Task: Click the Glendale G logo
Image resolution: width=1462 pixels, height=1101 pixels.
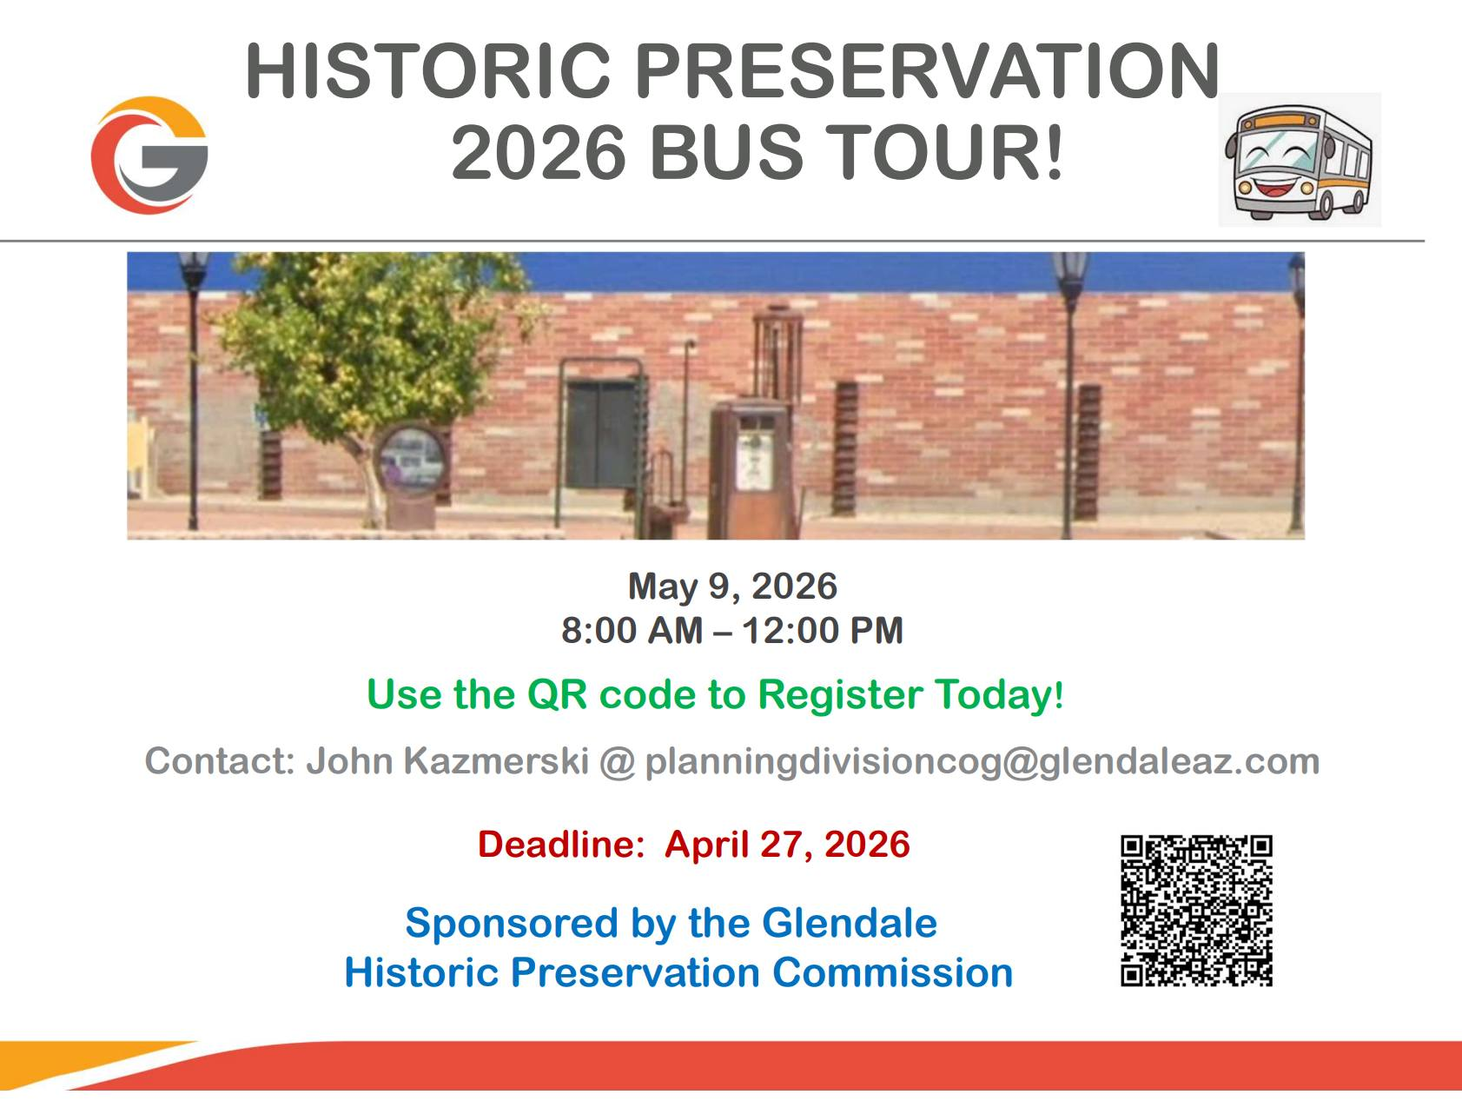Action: click(149, 155)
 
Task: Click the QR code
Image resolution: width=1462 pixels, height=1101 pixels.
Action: click(1196, 911)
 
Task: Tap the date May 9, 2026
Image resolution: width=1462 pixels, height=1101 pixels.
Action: click(732, 587)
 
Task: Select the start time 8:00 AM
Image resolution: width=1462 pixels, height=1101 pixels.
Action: click(632, 631)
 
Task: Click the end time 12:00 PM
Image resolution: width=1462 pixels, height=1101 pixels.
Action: click(823, 631)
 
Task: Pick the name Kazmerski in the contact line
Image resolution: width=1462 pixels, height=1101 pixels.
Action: click(496, 761)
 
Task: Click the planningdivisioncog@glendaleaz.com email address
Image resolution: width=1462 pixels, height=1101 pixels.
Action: click(982, 762)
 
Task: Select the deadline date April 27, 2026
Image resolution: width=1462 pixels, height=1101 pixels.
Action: click(787, 845)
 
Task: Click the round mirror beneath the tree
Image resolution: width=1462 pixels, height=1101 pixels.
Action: click(412, 461)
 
